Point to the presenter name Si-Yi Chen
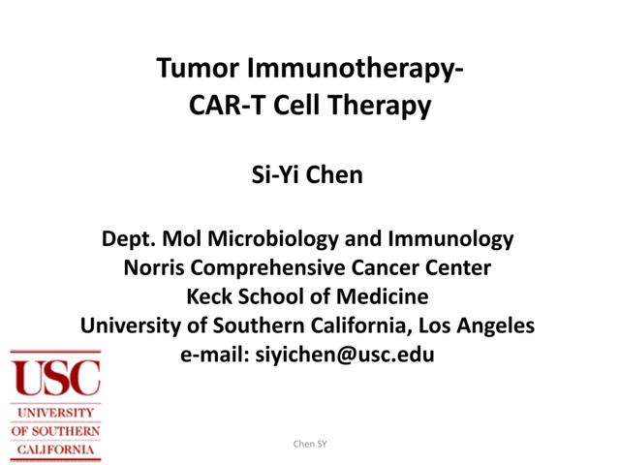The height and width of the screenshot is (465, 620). point(309,177)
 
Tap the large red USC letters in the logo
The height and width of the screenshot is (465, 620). point(55,378)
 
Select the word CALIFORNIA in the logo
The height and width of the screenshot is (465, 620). point(55,449)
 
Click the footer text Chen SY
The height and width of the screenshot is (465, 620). point(310,444)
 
